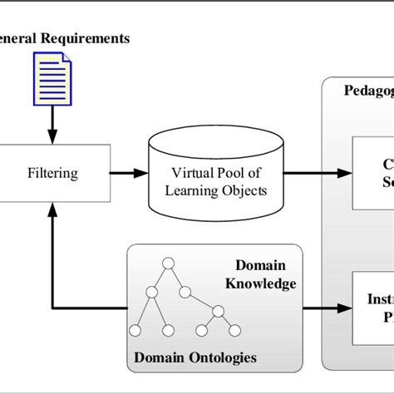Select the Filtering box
(x=53, y=174)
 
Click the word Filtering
(x=53, y=174)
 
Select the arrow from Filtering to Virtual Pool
(x=126, y=174)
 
